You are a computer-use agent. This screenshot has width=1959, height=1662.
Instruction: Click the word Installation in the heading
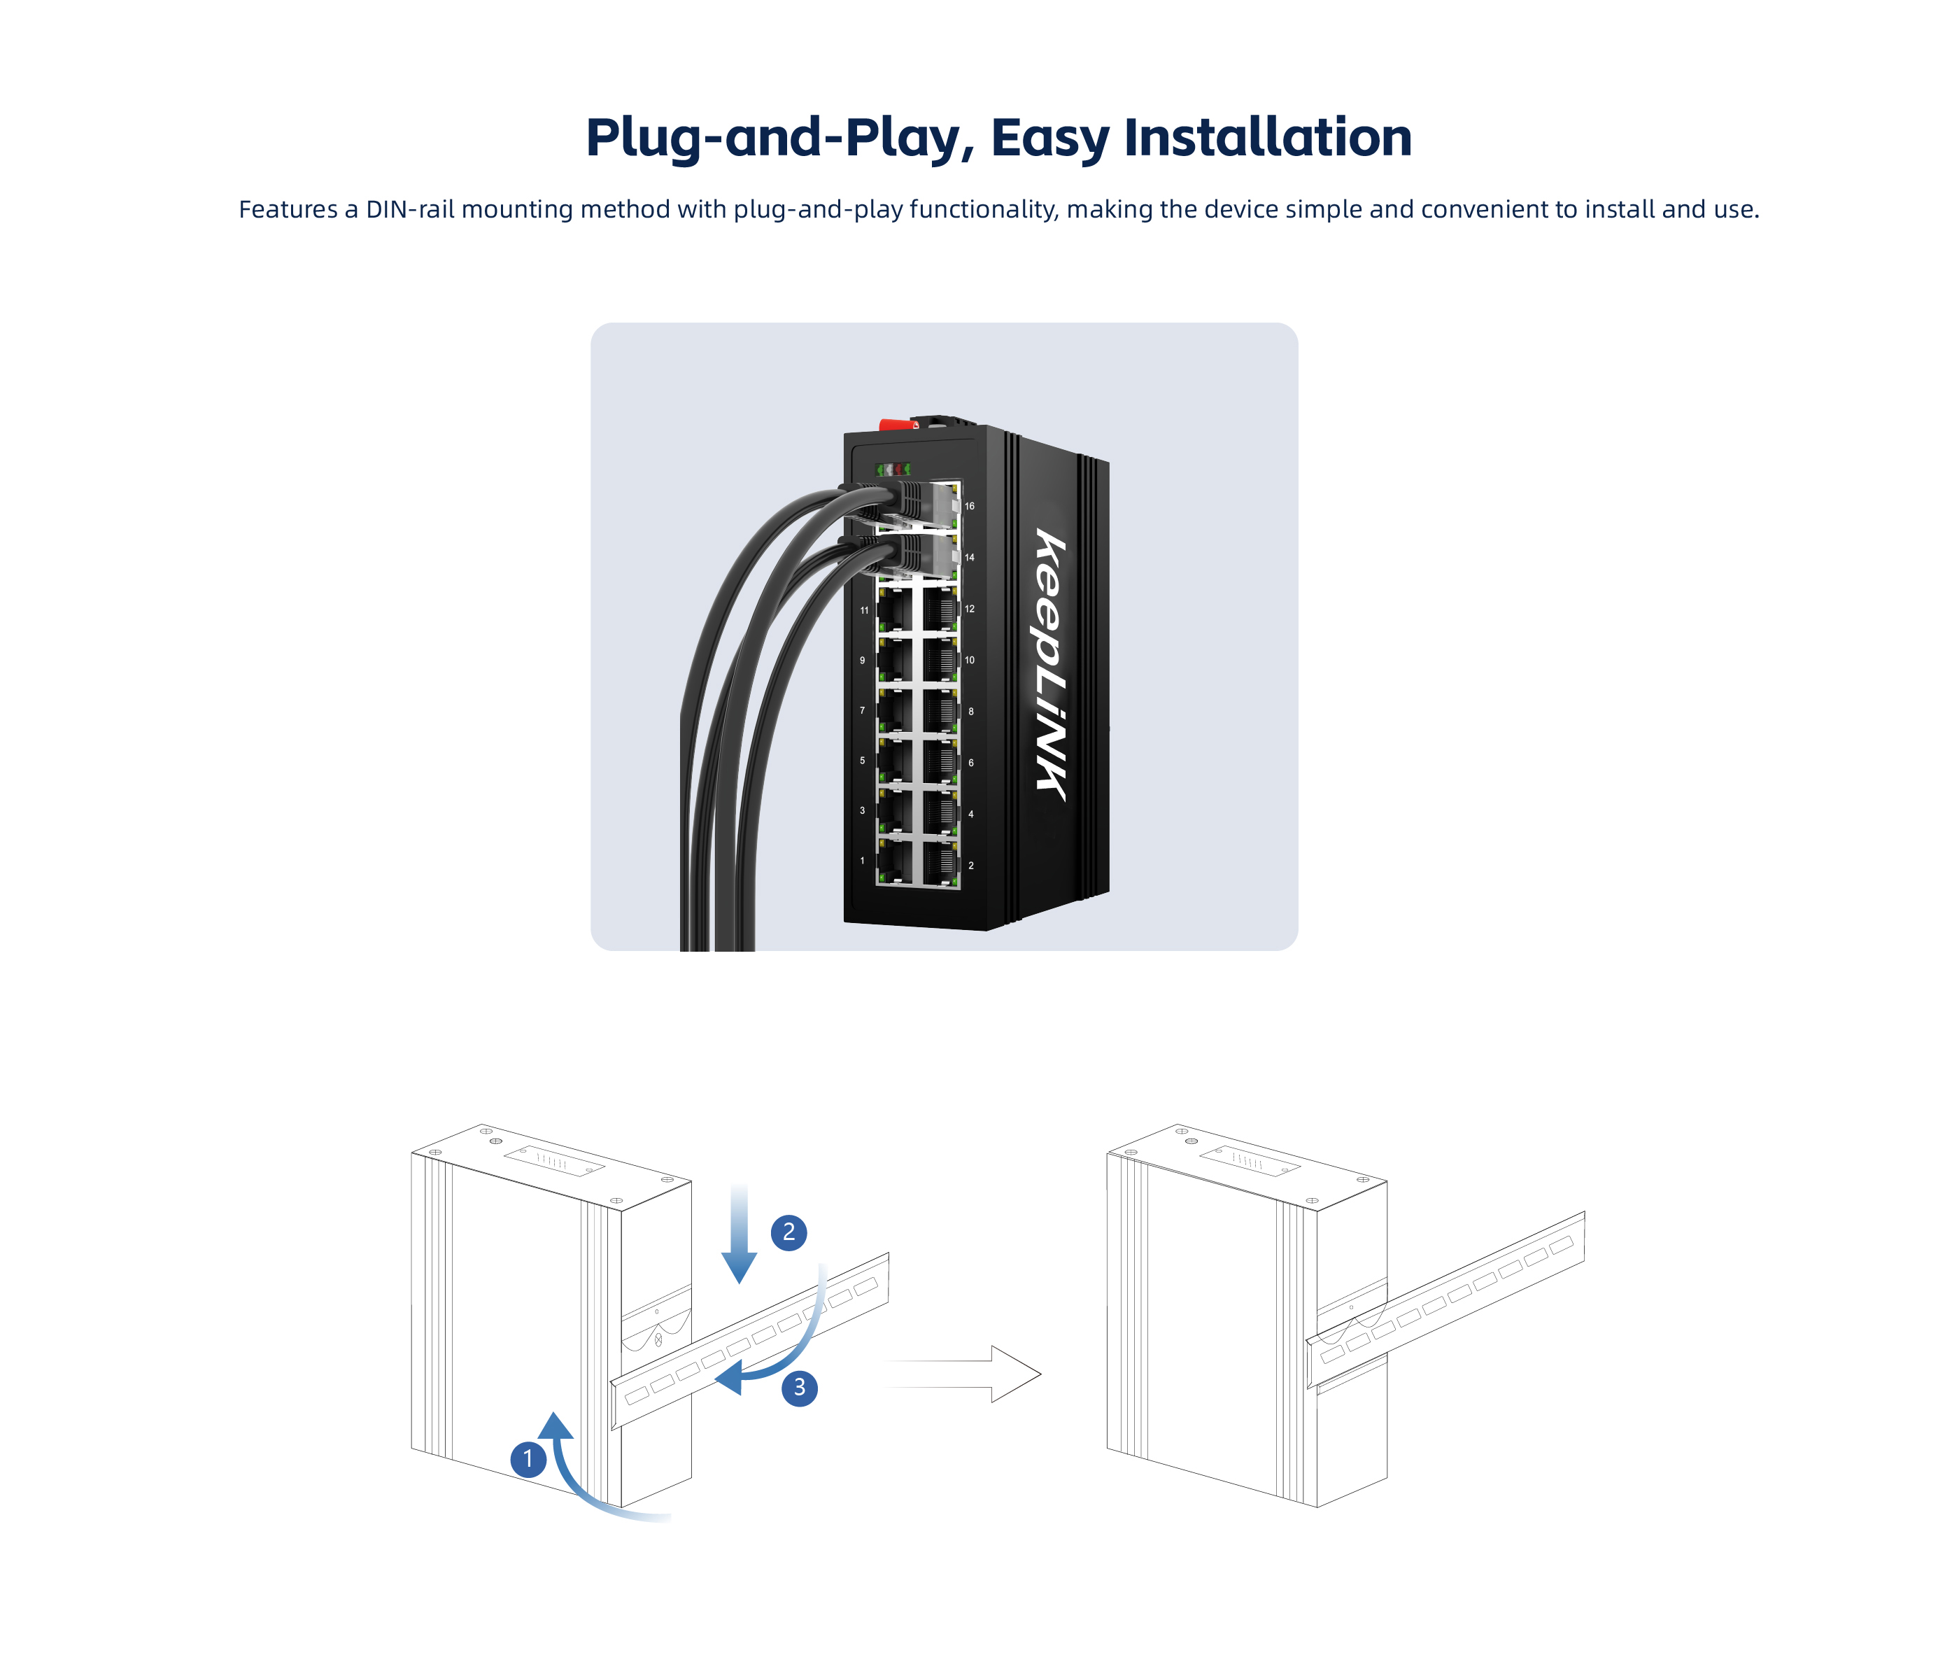pyautogui.click(x=1268, y=138)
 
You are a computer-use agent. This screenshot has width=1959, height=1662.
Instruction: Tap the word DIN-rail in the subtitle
pyautogui.click(x=410, y=209)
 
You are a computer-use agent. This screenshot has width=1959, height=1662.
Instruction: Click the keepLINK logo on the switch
pyautogui.click(x=1053, y=664)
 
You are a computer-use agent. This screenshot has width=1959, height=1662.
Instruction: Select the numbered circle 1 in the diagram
pyautogui.click(x=528, y=1458)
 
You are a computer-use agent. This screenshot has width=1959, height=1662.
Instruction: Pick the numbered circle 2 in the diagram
pyautogui.click(x=788, y=1232)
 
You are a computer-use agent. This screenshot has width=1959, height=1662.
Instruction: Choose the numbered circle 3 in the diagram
pyautogui.click(x=800, y=1387)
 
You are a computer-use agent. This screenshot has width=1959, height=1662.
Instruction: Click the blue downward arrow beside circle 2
pyautogui.click(x=740, y=1235)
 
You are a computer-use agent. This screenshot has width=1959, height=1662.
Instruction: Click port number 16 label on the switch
pyautogui.click(x=969, y=506)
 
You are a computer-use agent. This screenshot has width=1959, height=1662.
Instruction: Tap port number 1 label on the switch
pyautogui.click(x=862, y=860)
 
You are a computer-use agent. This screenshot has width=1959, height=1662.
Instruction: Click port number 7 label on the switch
pyautogui.click(x=862, y=710)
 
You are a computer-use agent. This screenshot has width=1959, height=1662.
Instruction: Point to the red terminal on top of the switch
pyautogui.click(x=898, y=425)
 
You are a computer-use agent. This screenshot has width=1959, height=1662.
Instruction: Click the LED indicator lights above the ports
pyautogui.click(x=893, y=469)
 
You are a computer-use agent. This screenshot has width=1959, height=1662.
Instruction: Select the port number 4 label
pyautogui.click(x=971, y=814)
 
